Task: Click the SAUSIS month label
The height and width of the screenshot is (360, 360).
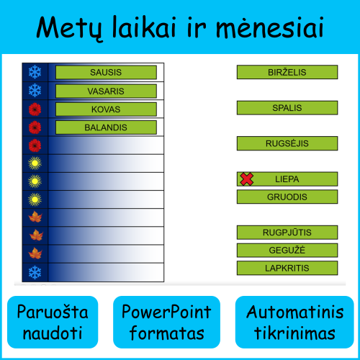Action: (x=106, y=72)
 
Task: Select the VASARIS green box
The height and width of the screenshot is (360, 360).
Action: (x=106, y=91)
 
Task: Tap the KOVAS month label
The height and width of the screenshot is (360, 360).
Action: (x=106, y=109)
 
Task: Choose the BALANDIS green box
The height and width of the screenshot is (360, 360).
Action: (x=106, y=127)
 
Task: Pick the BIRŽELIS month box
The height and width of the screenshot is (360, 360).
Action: (x=287, y=72)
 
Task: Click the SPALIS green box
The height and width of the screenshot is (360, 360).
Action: (x=287, y=108)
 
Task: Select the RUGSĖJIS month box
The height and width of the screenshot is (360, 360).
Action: (x=287, y=143)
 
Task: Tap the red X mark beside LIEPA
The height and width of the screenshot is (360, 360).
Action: (x=246, y=179)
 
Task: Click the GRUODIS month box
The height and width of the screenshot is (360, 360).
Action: (x=287, y=197)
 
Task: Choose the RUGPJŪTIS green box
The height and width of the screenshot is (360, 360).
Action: (x=287, y=232)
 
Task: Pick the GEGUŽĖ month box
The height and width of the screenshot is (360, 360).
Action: (x=287, y=250)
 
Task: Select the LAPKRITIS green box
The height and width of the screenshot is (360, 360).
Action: (x=287, y=268)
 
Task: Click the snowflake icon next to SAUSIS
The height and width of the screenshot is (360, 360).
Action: (x=35, y=72)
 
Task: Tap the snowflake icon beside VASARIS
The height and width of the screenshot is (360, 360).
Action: (x=35, y=91)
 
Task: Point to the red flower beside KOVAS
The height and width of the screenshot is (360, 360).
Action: (x=35, y=109)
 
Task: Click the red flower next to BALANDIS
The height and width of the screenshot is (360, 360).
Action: (x=35, y=127)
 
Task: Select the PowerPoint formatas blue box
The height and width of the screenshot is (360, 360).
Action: (x=166, y=323)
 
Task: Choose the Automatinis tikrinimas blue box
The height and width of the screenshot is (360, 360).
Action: (x=294, y=323)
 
